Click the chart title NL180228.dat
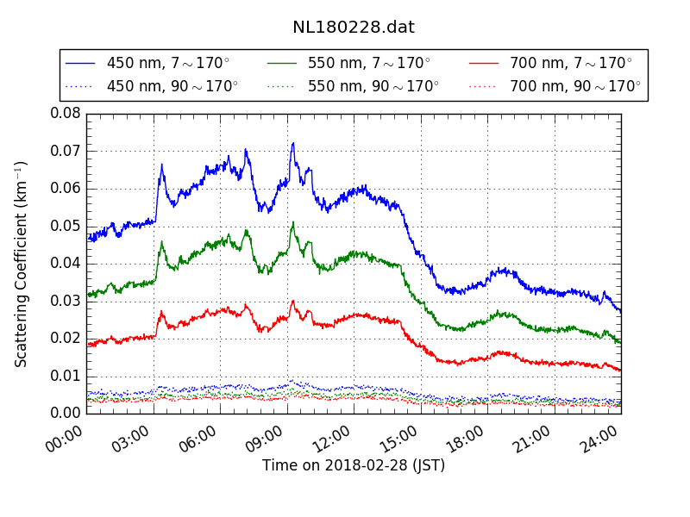(x=354, y=28)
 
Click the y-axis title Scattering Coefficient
(x=22, y=264)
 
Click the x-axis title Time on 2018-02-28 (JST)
(x=354, y=466)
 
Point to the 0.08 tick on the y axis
(x=66, y=114)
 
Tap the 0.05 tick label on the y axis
(x=66, y=226)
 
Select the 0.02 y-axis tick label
(x=66, y=339)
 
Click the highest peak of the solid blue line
(x=293, y=143)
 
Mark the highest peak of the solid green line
(x=293, y=222)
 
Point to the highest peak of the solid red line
(x=293, y=301)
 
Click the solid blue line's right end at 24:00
(x=620, y=311)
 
